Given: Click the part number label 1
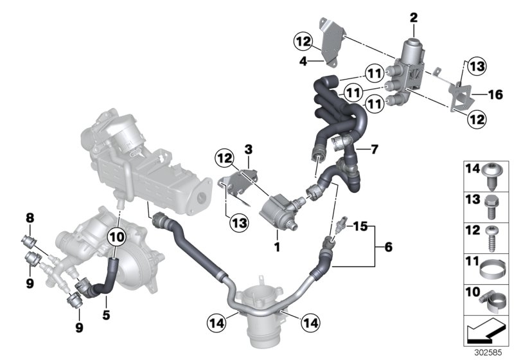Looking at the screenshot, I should tap(278, 245).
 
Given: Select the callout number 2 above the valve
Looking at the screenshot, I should tap(413, 17).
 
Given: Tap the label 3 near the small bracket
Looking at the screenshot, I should tap(248, 150).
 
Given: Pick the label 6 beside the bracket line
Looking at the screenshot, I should tap(386, 246).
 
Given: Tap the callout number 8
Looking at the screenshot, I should tap(30, 218).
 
